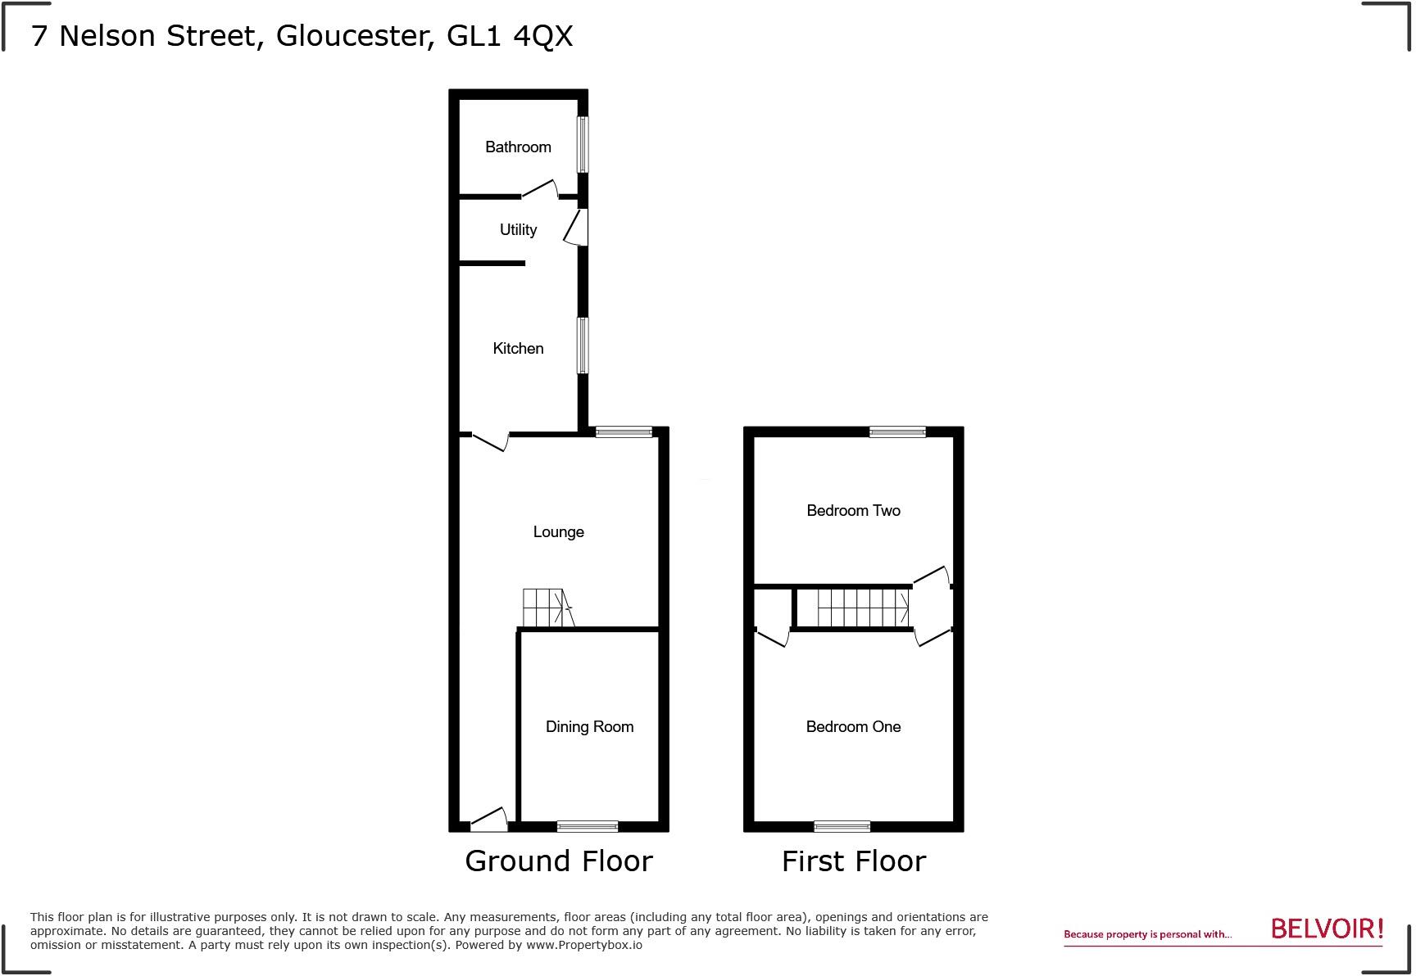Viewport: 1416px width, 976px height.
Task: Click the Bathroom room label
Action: pos(518,147)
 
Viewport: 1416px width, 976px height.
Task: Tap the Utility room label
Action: pos(518,230)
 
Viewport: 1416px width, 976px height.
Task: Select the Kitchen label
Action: pos(518,349)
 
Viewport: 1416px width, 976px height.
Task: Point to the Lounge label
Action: pos(558,532)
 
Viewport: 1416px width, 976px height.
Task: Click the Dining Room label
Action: pos(589,727)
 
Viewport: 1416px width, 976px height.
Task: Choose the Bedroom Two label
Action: pos(853,511)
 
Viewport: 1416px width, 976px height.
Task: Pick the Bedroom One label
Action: pos(853,727)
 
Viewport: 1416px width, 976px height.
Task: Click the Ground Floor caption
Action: pos(558,861)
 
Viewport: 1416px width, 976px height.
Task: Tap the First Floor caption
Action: pos(853,861)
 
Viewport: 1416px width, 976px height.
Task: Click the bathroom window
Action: pos(583,144)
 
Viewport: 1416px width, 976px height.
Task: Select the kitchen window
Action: pos(583,346)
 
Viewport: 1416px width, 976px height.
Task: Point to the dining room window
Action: pos(588,826)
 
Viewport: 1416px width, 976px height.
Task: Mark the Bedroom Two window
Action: pos(897,432)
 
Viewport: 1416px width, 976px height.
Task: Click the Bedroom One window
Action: pos(842,826)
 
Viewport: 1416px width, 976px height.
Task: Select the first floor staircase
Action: pos(863,608)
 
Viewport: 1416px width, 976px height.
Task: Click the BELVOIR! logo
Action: pos(1327,929)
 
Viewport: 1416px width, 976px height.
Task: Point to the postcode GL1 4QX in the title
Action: pos(510,36)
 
